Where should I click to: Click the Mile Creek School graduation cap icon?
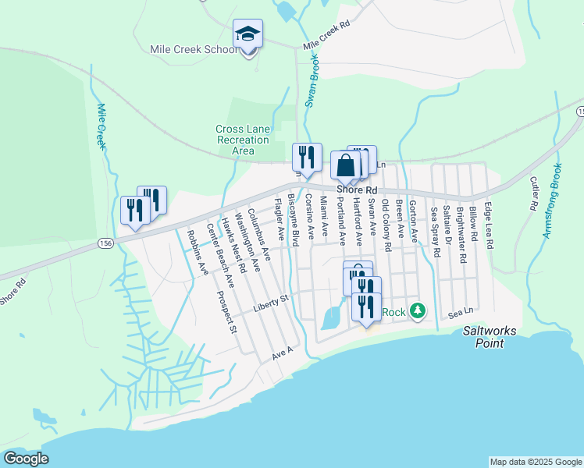click(247, 34)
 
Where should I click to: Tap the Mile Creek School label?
click(194, 50)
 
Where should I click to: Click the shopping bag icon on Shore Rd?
click(346, 166)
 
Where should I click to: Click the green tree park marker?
click(418, 311)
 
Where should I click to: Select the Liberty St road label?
click(271, 303)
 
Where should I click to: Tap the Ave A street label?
click(282, 353)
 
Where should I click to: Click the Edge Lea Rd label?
click(489, 226)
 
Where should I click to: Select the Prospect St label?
click(227, 312)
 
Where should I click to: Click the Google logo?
click(27, 459)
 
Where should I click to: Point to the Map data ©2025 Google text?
click(535, 462)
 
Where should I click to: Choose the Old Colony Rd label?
click(386, 225)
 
